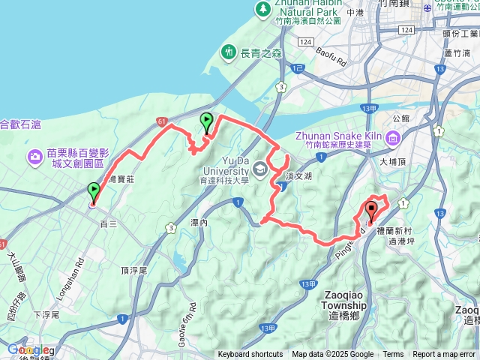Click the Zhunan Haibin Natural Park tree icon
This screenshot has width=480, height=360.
[262, 8]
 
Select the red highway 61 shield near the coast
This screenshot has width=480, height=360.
[162, 120]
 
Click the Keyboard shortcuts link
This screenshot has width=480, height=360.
[250, 355]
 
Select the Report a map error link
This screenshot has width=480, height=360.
[445, 355]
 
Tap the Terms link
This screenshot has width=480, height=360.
[393, 355]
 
